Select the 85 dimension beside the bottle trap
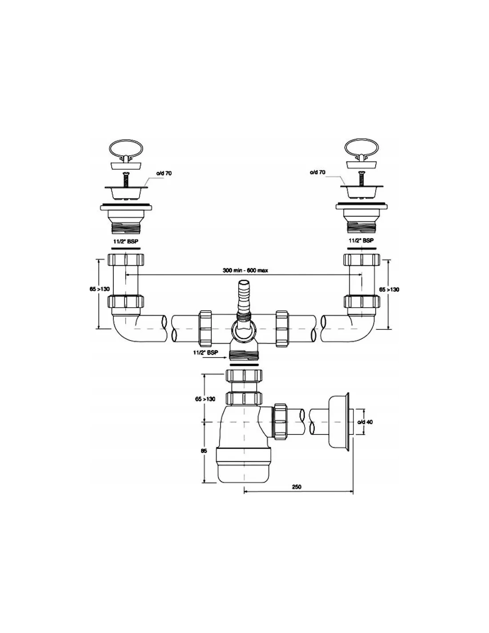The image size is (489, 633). pyautogui.click(x=204, y=450)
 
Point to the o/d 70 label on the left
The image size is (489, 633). pyautogui.click(x=164, y=173)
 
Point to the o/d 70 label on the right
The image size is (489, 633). pyautogui.click(x=318, y=172)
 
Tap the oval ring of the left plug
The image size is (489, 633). pyautogui.click(x=126, y=149)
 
